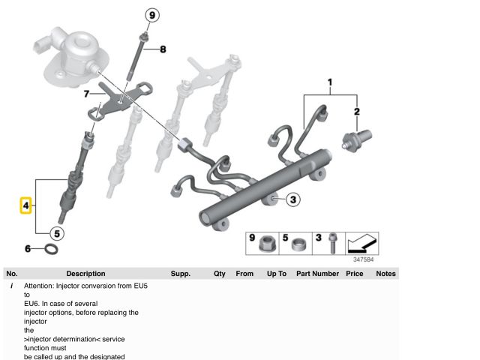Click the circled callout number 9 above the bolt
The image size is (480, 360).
152,15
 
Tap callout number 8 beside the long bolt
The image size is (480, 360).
162,49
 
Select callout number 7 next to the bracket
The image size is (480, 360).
86,94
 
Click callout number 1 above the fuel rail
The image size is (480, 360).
328,81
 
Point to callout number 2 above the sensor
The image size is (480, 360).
357,112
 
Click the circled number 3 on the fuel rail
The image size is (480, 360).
293,199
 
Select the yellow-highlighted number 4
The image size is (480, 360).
25,204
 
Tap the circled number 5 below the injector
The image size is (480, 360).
57,232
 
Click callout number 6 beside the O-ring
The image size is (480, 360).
28,247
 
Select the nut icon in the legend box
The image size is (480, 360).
265,244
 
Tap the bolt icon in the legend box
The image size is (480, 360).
331,244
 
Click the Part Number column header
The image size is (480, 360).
317,274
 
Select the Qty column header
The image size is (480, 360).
219,274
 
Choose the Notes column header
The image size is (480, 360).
385,274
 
